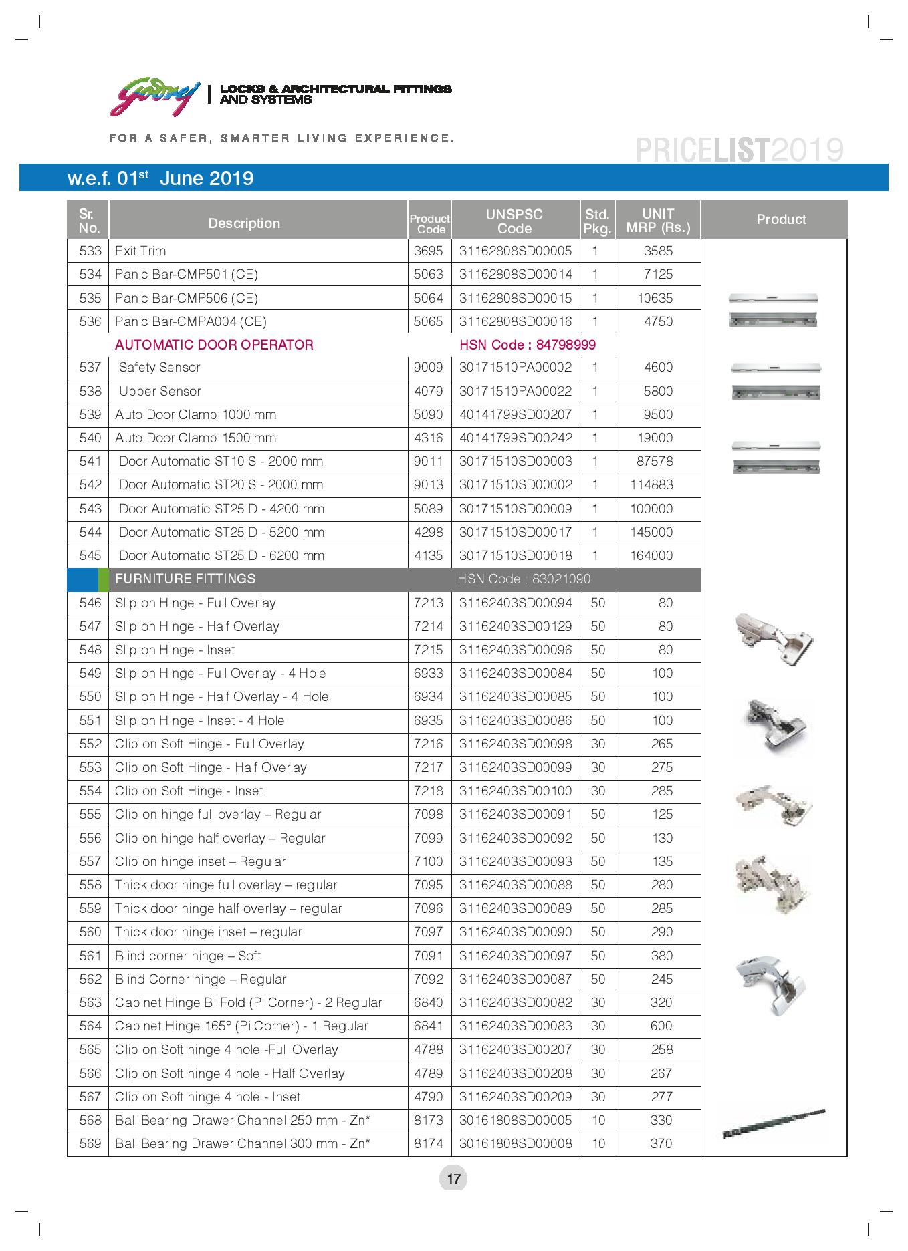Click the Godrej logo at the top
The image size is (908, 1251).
tap(154, 96)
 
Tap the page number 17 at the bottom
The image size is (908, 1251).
tap(453, 1178)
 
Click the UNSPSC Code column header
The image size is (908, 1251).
tap(514, 221)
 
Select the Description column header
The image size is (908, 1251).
tap(244, 223)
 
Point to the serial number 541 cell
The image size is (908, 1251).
tap(90, 462)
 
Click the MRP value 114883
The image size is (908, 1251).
tap(651, 485)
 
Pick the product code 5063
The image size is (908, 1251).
tap(428, 275)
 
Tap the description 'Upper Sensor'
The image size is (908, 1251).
tap(160, 392)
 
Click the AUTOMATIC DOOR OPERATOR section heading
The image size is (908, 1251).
tap(214, 345)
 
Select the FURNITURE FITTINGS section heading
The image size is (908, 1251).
tap(185, 579)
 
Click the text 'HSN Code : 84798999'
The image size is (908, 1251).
tap(527, 345)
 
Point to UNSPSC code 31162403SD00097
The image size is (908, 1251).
tap(516, 956)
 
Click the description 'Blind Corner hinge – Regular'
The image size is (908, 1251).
tap(201, 980)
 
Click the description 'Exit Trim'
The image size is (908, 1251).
tap(140, 251)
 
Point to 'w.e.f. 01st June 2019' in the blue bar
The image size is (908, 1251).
tap(160, 178)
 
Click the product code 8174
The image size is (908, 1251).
tap(428, 1144)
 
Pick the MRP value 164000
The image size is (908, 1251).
tap(651, 556)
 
